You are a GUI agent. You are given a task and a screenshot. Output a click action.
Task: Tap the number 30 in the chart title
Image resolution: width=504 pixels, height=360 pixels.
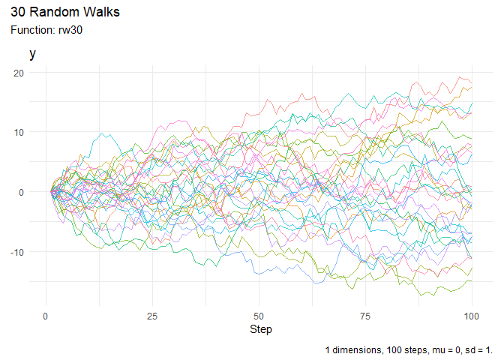coord(18,13)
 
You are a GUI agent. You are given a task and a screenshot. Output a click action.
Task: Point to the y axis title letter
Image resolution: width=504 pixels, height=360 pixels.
coord(32,54)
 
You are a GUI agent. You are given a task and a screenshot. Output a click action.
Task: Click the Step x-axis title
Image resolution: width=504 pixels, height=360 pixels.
coord(261,329)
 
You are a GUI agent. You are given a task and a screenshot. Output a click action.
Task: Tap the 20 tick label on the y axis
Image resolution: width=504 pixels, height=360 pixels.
coord(19,73)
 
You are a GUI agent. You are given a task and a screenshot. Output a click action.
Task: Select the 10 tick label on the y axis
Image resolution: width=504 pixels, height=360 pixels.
coord(19,133)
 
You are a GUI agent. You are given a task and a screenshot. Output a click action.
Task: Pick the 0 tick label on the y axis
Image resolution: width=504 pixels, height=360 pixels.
coord(22,192)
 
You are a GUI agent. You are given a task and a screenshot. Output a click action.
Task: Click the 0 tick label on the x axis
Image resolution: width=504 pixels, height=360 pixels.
coord(46,315)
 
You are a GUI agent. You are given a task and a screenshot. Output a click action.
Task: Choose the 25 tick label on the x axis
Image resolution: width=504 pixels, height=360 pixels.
coord(153,315)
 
